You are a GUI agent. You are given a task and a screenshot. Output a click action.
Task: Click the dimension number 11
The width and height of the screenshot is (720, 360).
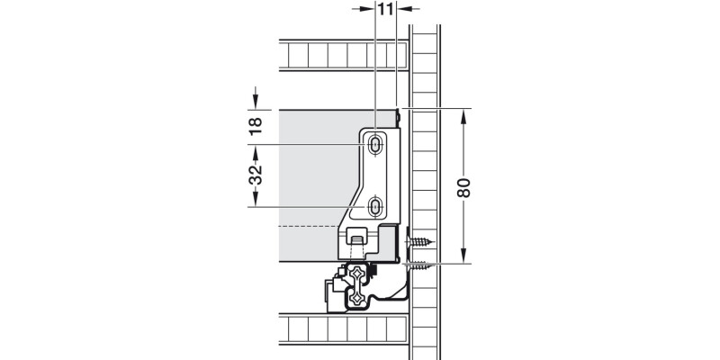385,10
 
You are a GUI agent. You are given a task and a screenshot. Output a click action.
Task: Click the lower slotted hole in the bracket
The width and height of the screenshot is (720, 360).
375,207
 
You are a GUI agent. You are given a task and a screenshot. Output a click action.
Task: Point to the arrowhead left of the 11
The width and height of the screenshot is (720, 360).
368,9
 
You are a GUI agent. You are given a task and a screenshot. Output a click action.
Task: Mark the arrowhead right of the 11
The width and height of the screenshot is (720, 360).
403,9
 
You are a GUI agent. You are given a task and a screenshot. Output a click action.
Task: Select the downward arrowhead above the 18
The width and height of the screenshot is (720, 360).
255,102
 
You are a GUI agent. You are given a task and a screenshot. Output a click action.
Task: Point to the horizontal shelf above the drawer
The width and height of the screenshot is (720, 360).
342,56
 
